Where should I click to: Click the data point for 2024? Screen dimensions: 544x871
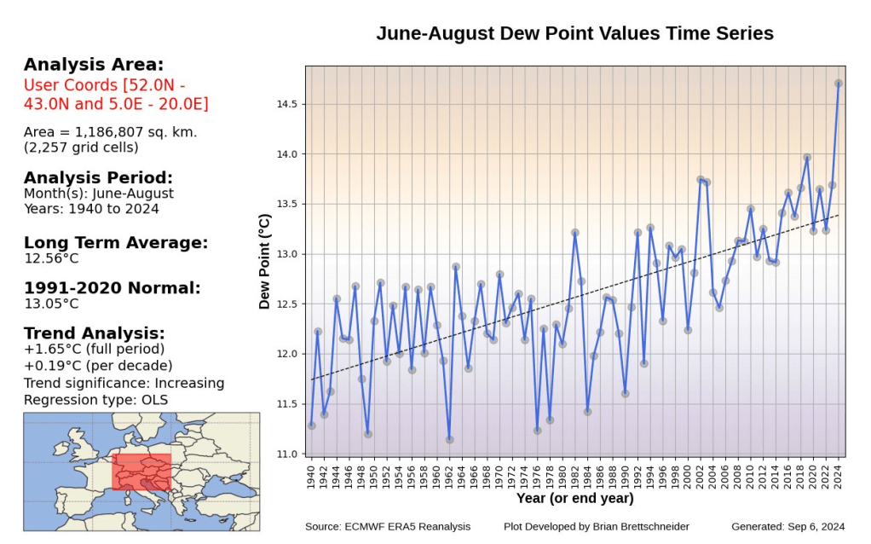839,84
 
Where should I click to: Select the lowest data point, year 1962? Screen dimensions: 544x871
449,440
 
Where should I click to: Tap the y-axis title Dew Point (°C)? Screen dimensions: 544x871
265,262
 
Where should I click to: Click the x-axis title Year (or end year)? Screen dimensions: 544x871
574,498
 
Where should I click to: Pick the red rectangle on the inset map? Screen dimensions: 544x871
142,471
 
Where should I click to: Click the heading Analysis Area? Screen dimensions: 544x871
94,65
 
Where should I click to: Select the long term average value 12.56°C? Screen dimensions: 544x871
52,258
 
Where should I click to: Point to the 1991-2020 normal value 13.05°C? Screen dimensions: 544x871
52,304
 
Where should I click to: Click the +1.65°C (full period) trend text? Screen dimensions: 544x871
95,349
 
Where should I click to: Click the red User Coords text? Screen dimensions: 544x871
116,95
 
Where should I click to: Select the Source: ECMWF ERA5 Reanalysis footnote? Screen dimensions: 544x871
388,527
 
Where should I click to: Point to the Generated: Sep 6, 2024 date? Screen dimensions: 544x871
788,527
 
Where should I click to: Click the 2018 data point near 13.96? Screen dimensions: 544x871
807,158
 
